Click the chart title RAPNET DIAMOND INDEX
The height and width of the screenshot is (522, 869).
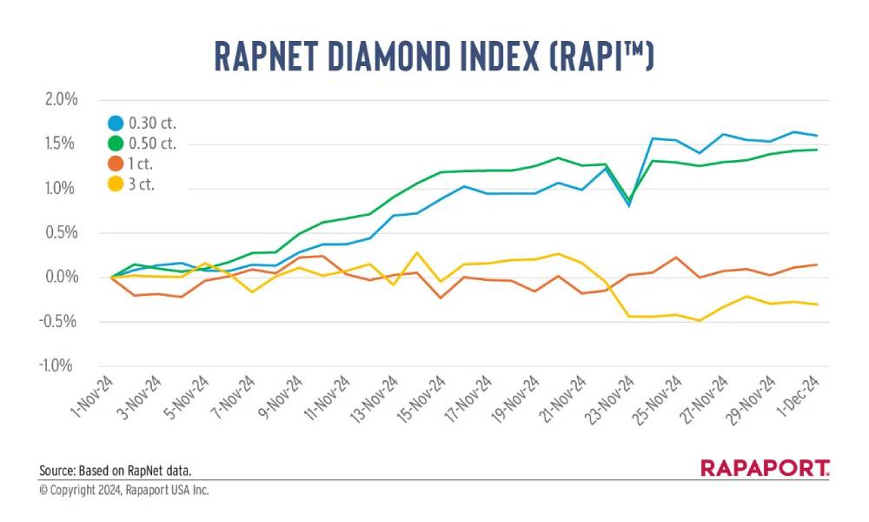pyautogui.click(x=434, y=56)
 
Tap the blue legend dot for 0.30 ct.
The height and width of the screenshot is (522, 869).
pyautogui.click(x=115, y=123)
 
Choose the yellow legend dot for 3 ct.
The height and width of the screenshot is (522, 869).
pyautogui.click(x=115, y=184)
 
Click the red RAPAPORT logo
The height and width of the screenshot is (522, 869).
pyautogui.click(x=765, y=468)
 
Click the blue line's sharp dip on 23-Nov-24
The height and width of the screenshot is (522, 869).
pyautogui.click(x=628, y=205)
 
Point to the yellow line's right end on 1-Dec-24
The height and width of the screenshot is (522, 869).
pyautogui.click(x=816, y=304)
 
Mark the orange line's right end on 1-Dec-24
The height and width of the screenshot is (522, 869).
pyautogui.click(x=816, y=264)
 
